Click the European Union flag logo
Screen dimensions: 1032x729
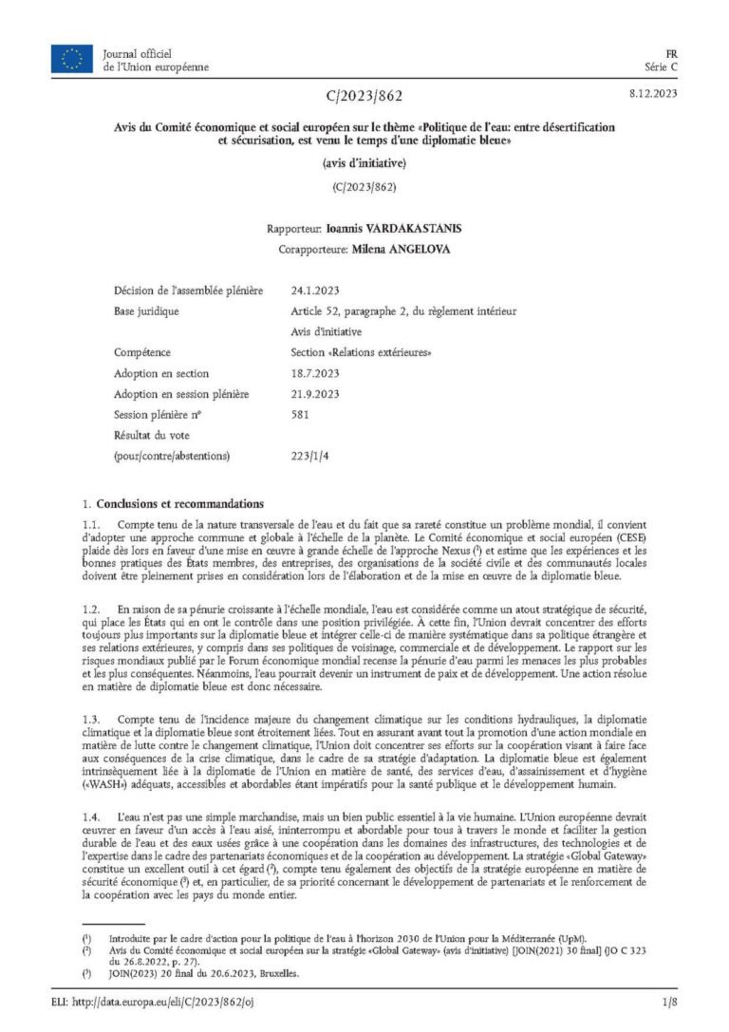[x=72, y=60]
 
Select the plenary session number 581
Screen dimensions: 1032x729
[x=300, y=415]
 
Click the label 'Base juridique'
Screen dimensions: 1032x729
[x=146, y=310]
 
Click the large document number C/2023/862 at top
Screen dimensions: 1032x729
[x=364, y=96]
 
